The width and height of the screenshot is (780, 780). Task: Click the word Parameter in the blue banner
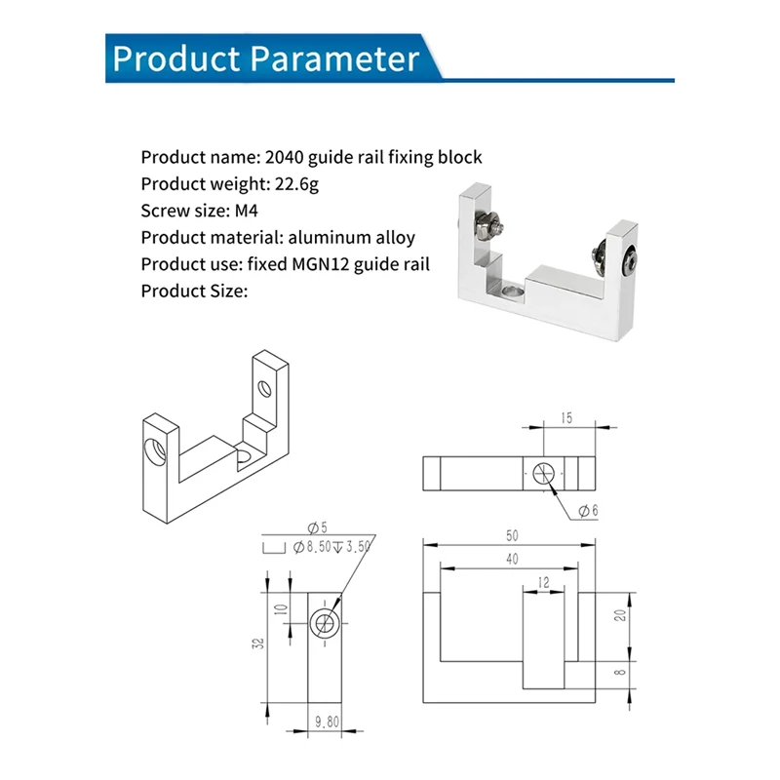pyautogui.click(x=334, y=58)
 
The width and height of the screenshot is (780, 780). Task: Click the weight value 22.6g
pyautogui.click(x=296, y=184)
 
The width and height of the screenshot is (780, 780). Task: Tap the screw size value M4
pyautogui.click(x=247, y=211)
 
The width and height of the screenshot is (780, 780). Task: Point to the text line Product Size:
pyautogui.click(x=194, y=291)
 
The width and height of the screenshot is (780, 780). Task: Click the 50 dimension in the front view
pyautogui.click(x=512, y=535)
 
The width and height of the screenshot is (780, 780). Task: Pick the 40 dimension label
pyautogui.click(x=512, y=559)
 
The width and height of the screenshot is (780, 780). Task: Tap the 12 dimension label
pyautogui.click(x=543, y=582)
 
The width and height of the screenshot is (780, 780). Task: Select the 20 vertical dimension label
pyautogui.click(x=620, y=615)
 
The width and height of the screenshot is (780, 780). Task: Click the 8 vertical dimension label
pyautogui.click(x=620, y=672)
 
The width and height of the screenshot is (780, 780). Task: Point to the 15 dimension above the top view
pyautogui.click(x=566, y=418)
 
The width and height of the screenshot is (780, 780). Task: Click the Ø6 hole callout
pyautogui.click(x=589, y=511)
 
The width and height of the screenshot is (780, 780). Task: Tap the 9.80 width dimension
pyautogui.click(x=327, y=721)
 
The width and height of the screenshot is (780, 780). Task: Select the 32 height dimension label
pyautogui.click(x=258, y=643)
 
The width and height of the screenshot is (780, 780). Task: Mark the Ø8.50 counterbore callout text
pyautogui.click(x=311, y=547)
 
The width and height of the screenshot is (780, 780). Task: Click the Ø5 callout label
pyautogui.click(x=318, y=527)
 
